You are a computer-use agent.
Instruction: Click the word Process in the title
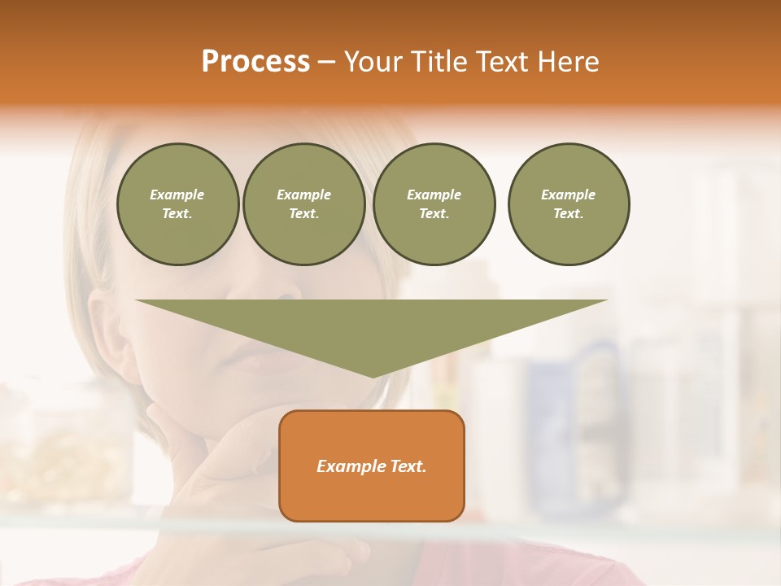(x=255, y=61)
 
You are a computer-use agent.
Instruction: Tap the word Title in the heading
(x=437, y=61)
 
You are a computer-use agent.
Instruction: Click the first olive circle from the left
(x=177, y=203)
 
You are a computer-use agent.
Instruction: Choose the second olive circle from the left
(x=303, y=203)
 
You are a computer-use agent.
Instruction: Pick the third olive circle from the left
(x=434, y=203)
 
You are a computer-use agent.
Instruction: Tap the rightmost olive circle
(x=568, y=203)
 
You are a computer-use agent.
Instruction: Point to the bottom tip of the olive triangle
(x=373, y=376)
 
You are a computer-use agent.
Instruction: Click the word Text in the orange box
(x=408, y=466)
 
